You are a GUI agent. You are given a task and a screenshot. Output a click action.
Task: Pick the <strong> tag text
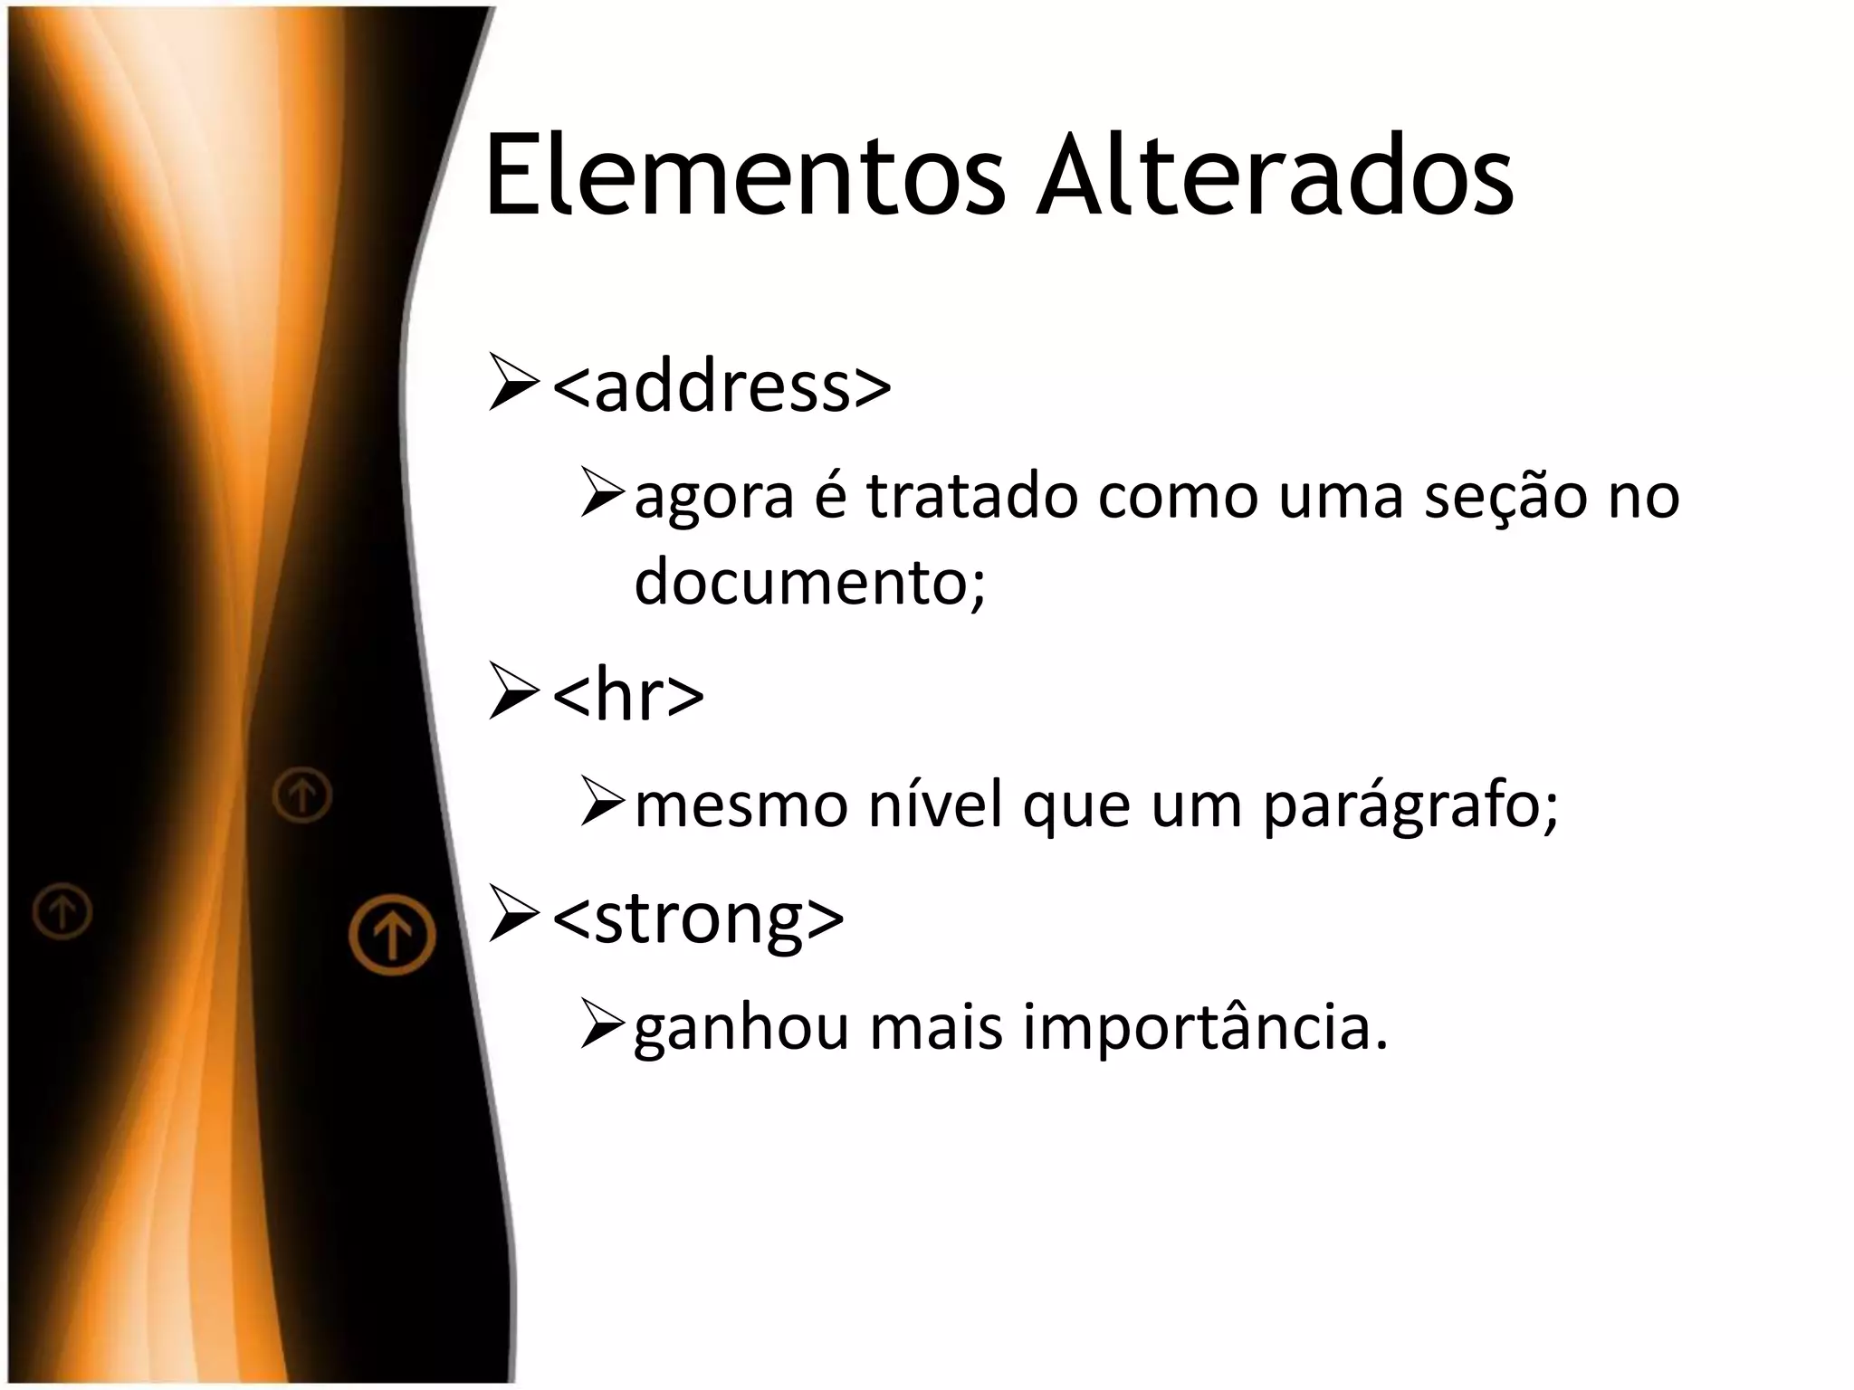click(698, 918)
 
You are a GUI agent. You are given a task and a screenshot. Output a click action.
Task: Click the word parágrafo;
click(1410, 805)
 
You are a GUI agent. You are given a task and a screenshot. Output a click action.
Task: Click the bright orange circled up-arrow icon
click(393, 934)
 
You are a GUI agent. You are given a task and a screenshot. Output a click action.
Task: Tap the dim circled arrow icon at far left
click(62, 910)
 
